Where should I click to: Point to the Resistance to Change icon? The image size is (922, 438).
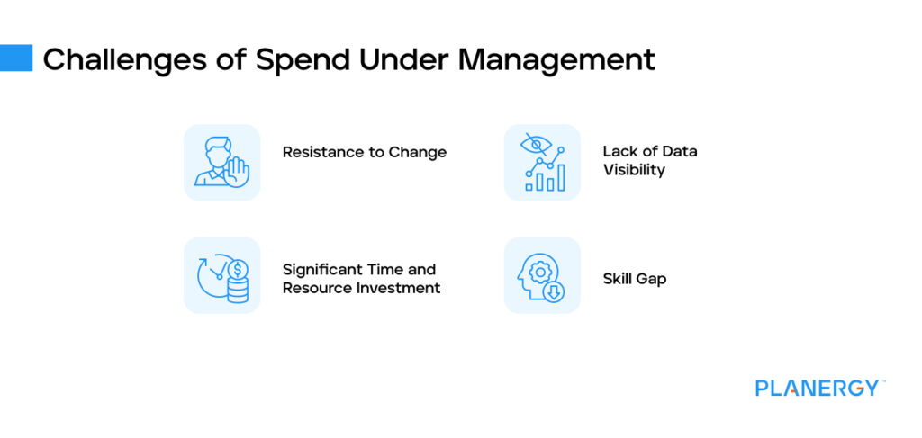tap(221, 162)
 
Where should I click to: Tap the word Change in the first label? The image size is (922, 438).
tap(418, 152)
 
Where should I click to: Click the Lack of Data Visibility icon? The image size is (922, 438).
tap(542, 162)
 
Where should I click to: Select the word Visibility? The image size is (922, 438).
tap(634, 170)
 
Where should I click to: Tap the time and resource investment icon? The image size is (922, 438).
tap(221, 275)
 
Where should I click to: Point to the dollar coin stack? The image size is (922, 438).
tap(238, 281)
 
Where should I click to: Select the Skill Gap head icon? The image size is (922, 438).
tap(542, 275)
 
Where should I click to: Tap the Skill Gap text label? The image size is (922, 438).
tap(634, 279)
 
